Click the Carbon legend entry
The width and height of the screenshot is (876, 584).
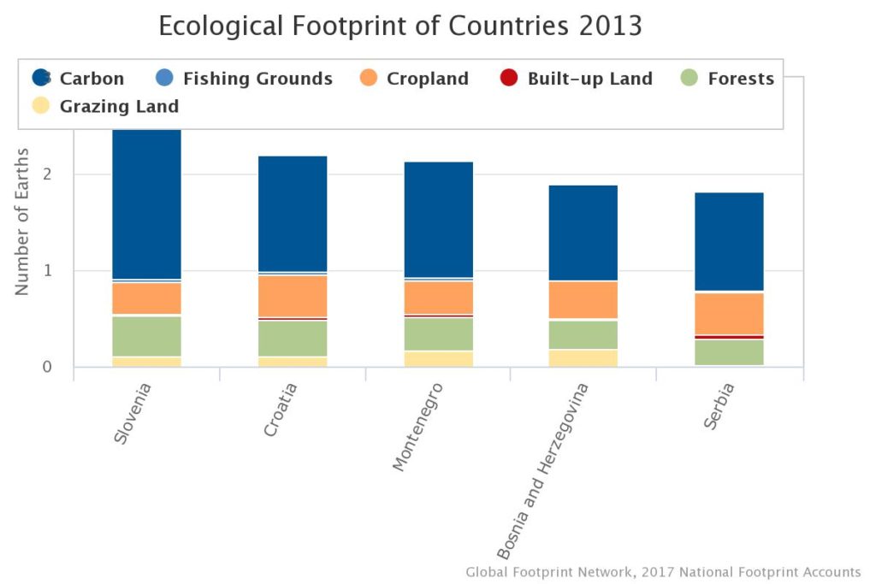79,79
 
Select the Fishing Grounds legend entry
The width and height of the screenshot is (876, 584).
245,79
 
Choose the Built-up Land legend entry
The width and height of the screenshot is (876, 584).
577,79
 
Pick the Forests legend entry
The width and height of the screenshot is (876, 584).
728,79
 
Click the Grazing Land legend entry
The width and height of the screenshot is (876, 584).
107,107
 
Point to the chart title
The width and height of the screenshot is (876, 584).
400,26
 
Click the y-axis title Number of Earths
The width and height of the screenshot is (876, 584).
22,221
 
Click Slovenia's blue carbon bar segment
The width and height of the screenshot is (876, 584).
147,204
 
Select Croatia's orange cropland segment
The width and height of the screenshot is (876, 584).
293,295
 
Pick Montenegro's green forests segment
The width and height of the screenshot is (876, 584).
439,333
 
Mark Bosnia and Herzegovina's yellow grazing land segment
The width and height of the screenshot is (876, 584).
584,357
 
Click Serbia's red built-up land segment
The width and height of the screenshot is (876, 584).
730,337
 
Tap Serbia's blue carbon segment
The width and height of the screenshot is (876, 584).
730,241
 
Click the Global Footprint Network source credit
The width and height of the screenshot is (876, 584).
663,571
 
